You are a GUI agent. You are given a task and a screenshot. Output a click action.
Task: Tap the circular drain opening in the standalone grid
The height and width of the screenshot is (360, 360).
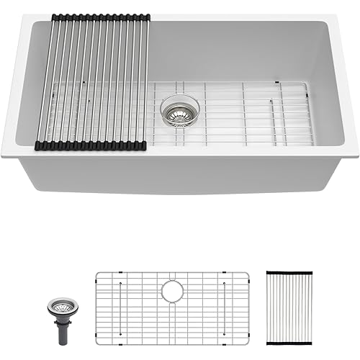point(173,291)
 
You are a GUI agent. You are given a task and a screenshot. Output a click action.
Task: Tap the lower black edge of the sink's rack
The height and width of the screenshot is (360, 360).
point(91,145)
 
